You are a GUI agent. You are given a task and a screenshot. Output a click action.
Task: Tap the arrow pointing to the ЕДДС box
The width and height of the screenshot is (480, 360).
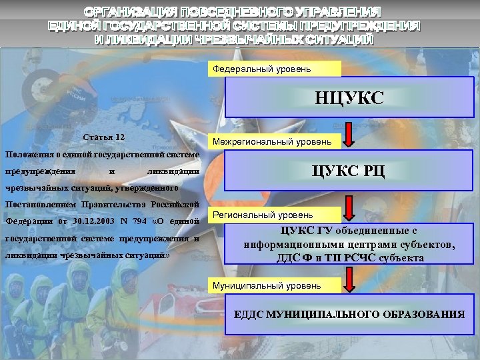[351, 280]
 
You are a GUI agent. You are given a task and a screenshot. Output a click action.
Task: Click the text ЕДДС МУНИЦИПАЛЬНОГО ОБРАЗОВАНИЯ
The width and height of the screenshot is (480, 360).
[350, 314]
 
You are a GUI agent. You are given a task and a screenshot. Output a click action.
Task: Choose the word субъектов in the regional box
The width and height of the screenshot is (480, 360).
[429, 245]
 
